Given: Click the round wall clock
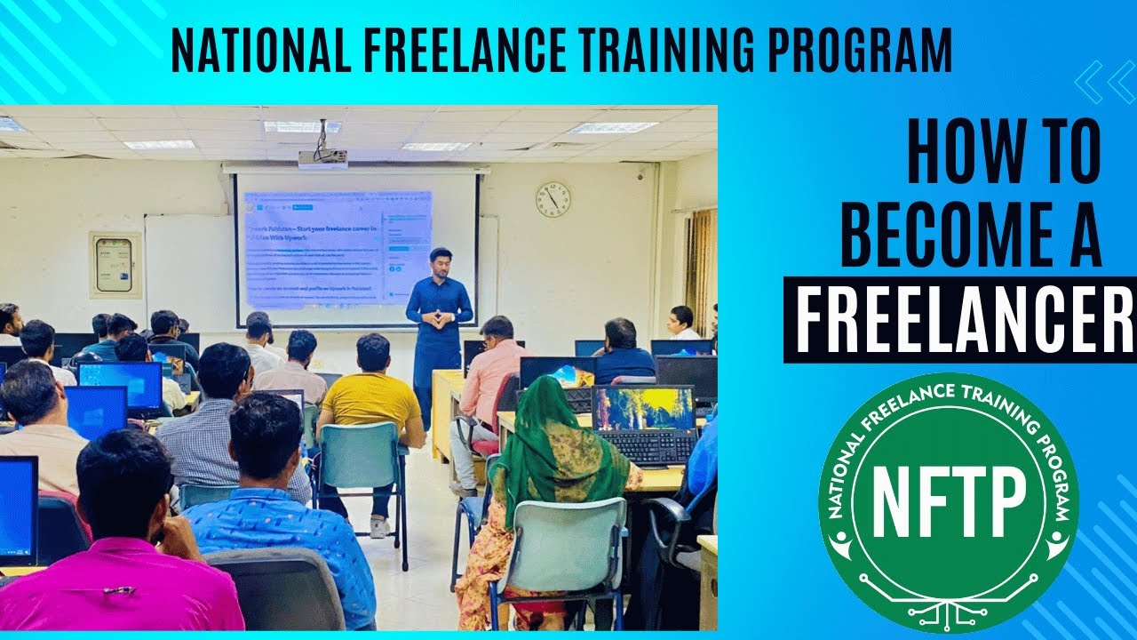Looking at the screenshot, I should click(x=553, y=199).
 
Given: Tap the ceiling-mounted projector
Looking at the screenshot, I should click(x=322, y=158).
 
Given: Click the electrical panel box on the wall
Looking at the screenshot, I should click(x=115, y=264).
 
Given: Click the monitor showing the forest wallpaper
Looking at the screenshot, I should click(x=642, y=407).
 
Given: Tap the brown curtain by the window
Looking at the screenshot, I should click(x=702, y=267).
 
